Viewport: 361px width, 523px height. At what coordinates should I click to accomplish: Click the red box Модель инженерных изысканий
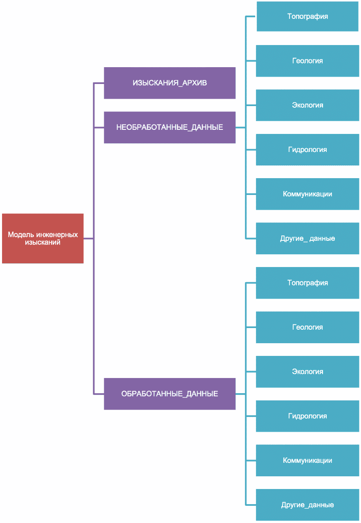click(43, 238)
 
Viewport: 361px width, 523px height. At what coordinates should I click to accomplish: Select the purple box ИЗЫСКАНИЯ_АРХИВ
click(170, 83)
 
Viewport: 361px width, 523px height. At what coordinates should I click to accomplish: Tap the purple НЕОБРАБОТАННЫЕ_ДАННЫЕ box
click(170, 127)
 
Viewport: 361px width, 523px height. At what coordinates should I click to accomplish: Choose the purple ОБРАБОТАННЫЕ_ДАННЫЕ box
click(170, 394)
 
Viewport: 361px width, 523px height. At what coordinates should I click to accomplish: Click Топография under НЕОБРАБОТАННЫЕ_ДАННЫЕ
click(307, 16)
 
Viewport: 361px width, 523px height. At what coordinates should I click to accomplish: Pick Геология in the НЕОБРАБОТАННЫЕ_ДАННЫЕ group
click(307, 61)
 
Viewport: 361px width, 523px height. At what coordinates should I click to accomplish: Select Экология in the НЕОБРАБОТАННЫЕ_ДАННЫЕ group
click(307, 105)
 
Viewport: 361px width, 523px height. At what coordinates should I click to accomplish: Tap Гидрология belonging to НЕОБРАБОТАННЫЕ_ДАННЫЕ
click(307, 149)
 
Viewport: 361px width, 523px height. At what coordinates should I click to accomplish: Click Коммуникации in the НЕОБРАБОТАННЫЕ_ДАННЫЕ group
click(307, 194)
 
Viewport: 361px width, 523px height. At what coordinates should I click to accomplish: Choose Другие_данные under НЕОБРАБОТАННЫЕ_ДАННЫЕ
click(307, 238)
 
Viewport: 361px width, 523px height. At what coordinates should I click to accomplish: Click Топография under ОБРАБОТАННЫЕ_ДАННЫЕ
click(307, 283)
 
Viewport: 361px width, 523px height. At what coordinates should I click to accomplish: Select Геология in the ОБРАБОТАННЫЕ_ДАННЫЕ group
click(307, 327)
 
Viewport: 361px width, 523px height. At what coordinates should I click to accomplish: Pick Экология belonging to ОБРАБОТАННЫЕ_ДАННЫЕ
click(307, 371)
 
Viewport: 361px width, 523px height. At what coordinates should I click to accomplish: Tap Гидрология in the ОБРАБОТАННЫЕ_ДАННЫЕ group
click(307, 416)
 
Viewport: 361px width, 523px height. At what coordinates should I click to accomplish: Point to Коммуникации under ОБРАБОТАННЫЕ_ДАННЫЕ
click(307, 460)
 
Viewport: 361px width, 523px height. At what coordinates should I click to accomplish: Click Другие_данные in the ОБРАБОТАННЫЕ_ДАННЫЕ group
click(307, 505)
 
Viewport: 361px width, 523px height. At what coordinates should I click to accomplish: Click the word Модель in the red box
click(21, 235)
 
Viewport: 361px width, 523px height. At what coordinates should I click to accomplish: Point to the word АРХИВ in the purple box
click(195, 83)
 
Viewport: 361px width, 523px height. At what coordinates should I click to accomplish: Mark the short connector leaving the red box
click(89, 238)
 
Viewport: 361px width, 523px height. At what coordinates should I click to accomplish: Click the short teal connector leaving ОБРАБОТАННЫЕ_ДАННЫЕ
click(240, 394)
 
